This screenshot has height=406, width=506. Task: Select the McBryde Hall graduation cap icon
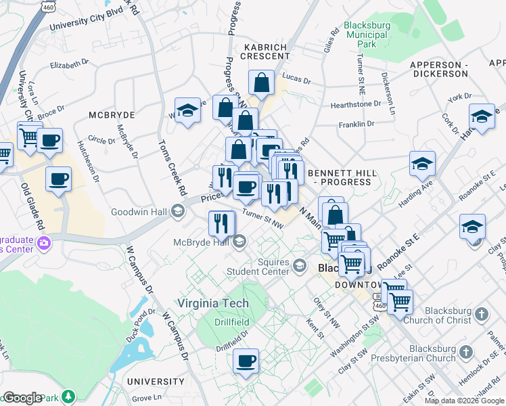239,242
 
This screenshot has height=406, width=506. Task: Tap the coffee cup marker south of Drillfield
246,361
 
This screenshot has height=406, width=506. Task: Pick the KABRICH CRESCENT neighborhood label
263,52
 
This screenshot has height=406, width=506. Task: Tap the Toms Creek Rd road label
172,166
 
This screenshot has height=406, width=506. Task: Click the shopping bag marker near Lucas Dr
261,84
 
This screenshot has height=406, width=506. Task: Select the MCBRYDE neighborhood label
112,116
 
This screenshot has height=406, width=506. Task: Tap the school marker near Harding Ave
421,164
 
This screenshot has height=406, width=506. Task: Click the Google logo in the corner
22,399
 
